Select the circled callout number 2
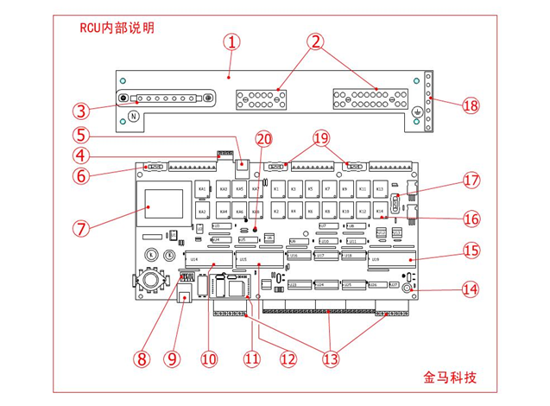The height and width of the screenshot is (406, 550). [316, 41]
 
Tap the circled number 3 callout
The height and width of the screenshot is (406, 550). [81, 111]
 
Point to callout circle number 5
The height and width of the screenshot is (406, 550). [81, 135]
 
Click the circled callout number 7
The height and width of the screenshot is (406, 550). [81, 229]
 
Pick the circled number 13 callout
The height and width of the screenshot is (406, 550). [331, 356]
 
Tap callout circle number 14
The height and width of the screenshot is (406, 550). [470, 289]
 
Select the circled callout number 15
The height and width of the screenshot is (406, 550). [470, 251]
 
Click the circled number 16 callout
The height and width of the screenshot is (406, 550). [470, 218]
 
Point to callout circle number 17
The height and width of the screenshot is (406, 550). [470, 181]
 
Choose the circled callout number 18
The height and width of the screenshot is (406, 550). [470, 105]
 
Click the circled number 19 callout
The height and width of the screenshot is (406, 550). [321, 138]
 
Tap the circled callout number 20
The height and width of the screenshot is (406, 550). [262, 138]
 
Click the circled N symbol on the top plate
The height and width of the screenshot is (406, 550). [134, 117]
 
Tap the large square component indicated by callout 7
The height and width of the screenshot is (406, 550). [163, 207]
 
